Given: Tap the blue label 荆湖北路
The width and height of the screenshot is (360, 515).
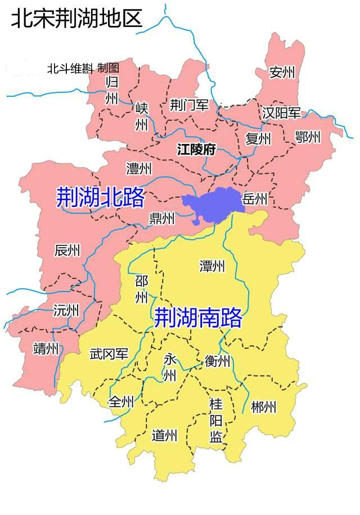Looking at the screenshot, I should click(100, 198).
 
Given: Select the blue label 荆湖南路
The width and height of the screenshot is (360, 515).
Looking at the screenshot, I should click(198, 318).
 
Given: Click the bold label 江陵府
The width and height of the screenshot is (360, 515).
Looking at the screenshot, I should click(196, 150).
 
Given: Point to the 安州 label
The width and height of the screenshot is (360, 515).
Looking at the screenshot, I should click(282, 73).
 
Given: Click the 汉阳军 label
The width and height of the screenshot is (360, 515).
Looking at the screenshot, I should click(281, 113).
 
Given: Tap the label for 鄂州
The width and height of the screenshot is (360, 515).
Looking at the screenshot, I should click(307, 137).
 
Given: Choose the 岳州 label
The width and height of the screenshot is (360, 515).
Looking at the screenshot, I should click(254, 198).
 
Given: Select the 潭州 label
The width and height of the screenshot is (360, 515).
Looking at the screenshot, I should click(212, 266).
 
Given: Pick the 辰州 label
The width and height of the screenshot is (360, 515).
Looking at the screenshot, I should click(67, 250).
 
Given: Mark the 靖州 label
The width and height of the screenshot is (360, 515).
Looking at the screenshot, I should click(46, 349).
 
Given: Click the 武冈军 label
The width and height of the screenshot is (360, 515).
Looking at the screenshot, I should click(109, 355).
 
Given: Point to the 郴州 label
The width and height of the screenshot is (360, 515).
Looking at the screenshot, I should click(263, 406).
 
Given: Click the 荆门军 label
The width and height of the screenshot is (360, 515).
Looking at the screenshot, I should click(189, 105).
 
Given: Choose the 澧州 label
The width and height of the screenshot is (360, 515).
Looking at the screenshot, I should click(139, 168).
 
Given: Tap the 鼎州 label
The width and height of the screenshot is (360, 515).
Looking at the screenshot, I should click(161, 218).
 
